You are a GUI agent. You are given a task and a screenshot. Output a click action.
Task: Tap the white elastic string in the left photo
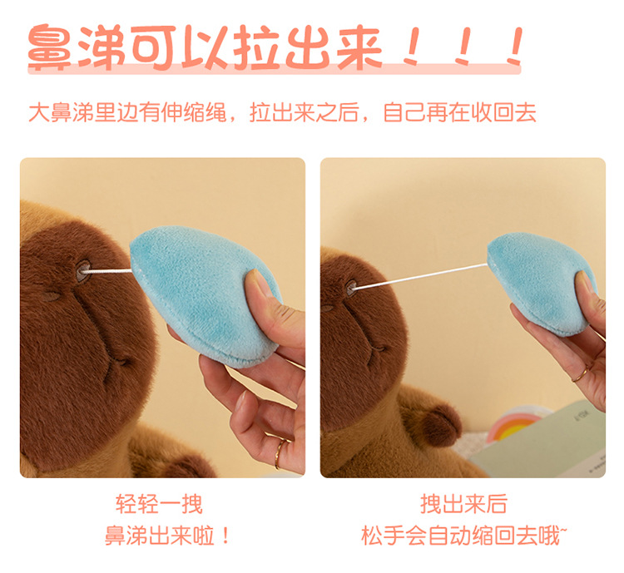coord(107,271)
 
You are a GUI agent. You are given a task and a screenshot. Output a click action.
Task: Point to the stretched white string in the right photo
coord(420,275)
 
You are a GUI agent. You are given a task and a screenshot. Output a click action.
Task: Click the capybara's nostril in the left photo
coord(83,271)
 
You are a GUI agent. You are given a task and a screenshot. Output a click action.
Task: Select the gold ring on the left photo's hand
coord(279,452)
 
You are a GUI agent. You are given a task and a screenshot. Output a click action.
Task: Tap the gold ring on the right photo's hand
coord(580,374)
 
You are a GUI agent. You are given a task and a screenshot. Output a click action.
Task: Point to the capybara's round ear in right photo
coord(440,425)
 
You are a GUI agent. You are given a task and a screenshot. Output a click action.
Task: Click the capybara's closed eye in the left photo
coord(51,296)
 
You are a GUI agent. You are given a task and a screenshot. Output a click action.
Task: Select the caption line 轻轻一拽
coord(159,505)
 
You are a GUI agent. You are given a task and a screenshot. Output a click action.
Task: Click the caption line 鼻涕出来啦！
coord(167,536)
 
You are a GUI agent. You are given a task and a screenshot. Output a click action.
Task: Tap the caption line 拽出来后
coord(463,504)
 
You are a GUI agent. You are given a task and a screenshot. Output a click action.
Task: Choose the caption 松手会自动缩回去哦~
coord(464,536)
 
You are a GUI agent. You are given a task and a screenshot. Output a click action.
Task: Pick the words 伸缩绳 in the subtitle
coord(193,112)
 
